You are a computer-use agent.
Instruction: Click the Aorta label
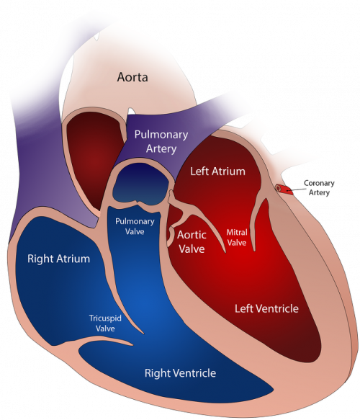(132, 77)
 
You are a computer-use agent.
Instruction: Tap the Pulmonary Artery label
(161, 141)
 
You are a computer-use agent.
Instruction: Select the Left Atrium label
(217, 171)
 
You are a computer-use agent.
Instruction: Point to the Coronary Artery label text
(319, 188)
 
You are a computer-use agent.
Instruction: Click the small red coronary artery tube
(284, 189)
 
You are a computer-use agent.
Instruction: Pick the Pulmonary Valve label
(135, 226)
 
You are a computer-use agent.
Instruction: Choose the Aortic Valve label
(192, 242)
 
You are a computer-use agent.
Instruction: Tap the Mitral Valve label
(237, 237)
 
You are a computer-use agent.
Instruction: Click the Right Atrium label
(58, 259)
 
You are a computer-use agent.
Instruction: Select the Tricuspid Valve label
(105, 323)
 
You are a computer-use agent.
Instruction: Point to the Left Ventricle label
(266, 308)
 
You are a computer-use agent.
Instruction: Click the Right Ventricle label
(180, 373)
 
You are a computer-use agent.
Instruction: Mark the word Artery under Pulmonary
(161, 149)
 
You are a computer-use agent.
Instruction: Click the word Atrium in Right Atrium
(74, 259)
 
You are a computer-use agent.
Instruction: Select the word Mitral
(237, 232)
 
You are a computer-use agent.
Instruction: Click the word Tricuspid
(105, 318)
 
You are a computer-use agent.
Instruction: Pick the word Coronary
(319, 183)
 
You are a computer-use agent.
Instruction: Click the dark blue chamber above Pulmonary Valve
(140, 184)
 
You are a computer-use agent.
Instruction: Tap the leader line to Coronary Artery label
(297, 189)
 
